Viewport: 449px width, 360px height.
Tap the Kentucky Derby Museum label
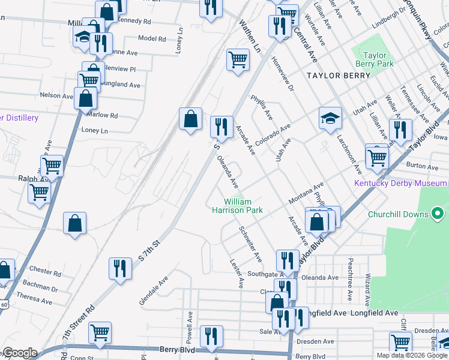click(401, 183)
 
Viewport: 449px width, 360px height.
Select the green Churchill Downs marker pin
click(438, 214)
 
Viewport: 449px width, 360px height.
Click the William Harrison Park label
click(237, 206)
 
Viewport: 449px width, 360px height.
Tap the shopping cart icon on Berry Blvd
click(100, 332)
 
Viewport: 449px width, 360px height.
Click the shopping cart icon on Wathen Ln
click(238, 60)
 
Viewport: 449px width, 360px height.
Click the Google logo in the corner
click(19, 353)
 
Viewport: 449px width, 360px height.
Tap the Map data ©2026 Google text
click(412, 355)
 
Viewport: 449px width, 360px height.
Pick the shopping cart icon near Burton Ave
click(377, 157)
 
